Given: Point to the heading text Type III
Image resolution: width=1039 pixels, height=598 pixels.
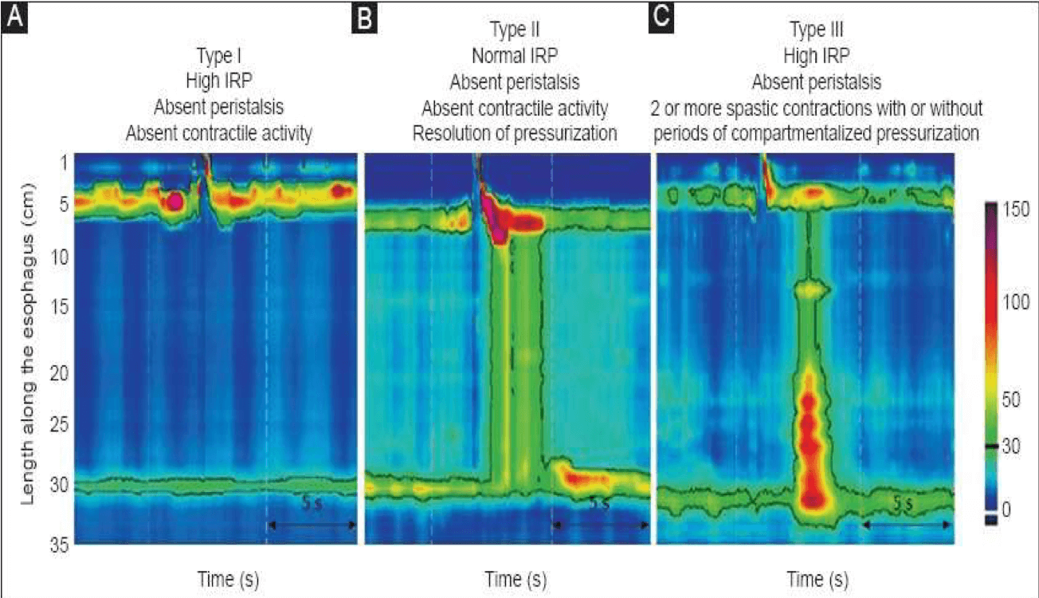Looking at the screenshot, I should click(817, 30).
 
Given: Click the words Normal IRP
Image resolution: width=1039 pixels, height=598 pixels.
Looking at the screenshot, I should click(514, 57).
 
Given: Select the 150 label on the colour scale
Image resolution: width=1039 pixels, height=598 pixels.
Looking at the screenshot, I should click(1015, 210).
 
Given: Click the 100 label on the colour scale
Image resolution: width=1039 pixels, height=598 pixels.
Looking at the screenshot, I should click(1015, 302).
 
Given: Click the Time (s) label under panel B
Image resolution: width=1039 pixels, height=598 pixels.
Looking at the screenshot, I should click(516, 578).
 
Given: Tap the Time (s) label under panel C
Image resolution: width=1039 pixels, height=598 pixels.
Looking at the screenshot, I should click(817, 578).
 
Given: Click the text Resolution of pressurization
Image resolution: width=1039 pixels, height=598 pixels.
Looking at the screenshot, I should click(514, 133).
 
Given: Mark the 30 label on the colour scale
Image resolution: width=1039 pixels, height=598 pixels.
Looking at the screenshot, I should click(1010, 447).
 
